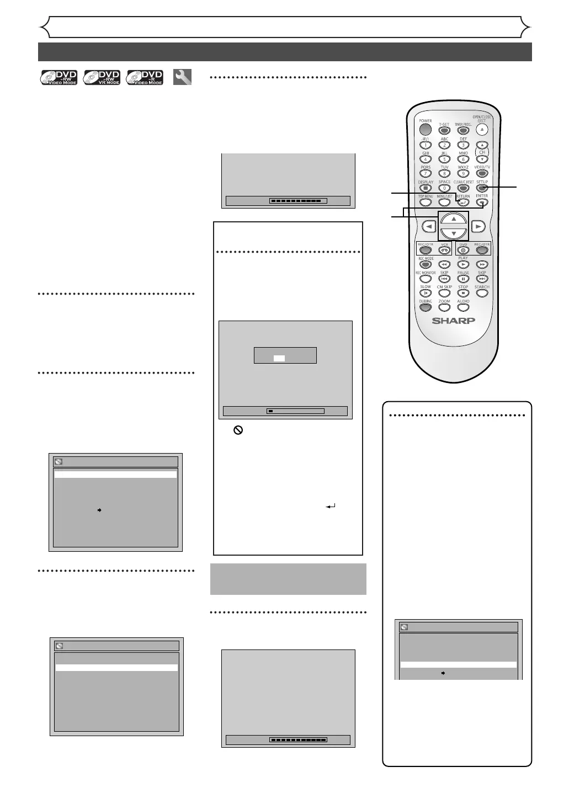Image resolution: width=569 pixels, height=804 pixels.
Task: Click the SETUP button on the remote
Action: [482, 188]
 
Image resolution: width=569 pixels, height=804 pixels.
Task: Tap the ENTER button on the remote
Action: [482, 203]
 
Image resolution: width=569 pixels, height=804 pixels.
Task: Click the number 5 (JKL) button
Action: [444, 159]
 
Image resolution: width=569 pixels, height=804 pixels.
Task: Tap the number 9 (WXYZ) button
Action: [463, 173]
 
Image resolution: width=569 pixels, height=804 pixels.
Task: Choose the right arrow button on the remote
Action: [478, 226]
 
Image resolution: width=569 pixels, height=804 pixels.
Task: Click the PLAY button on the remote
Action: [463, 264]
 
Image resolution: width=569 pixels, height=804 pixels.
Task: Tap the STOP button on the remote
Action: [463, 293]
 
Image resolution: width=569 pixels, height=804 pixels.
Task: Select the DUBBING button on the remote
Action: [426, 307]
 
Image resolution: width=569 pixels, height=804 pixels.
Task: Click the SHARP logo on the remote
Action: [453, 321]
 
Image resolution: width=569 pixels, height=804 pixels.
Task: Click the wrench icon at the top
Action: [182, 77]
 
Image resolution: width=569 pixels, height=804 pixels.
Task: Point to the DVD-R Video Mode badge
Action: [145, 77]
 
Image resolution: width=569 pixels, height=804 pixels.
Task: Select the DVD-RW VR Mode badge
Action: [102, 77]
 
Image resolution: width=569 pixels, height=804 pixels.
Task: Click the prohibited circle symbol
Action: [238, 430]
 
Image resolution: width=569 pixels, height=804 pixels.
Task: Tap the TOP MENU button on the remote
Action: [426, 203]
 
